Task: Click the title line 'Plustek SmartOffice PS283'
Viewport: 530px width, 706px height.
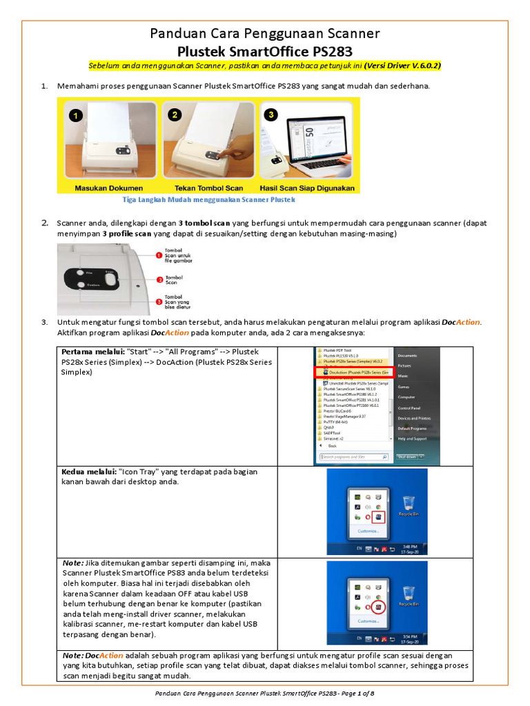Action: click(x=265, y=51)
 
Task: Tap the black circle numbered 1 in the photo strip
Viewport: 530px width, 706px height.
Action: click(x=79, y=115)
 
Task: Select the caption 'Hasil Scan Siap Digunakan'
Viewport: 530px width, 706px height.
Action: click(x=307, y=188)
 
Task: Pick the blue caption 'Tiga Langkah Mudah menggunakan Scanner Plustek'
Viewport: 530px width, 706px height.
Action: click(x=208, y=199)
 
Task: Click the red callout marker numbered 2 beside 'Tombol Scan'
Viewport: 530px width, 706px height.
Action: click(x=159, y=279)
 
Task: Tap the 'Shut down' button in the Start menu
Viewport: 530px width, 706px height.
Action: click(x=407, y=456)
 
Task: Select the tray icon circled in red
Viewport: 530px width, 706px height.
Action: click(x=378, y=608)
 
